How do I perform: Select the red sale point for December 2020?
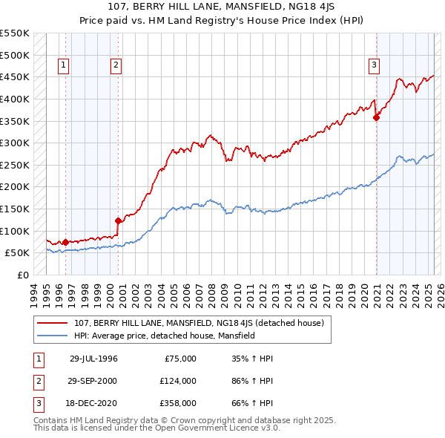click(x=376, y=117)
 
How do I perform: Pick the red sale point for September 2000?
click(x=118, y=220)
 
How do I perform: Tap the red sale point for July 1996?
click(x=65, y=241)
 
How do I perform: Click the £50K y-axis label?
click(x=18, y=252)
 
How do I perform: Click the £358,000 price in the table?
click(x=178, y=404)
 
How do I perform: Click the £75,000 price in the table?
click(x=180, y=358)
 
